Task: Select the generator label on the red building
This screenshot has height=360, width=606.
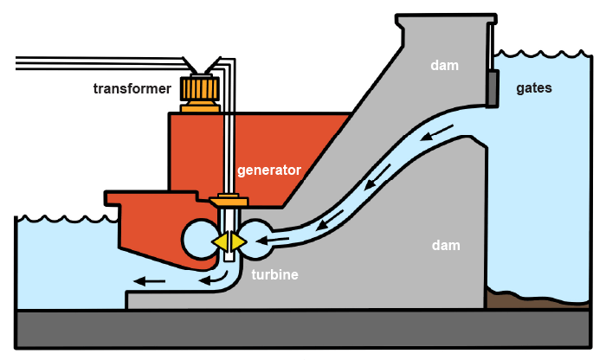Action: point(268,170)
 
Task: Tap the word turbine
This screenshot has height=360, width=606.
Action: point(274,274)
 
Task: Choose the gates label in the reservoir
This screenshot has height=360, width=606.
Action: point(534,87)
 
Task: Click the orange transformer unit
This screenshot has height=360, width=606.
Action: point(200,93)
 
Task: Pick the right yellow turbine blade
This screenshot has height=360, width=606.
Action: point(238,242)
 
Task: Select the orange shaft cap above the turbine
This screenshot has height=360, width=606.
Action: point(229,201)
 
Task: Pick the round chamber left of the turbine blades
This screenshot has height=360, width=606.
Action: point(197,239)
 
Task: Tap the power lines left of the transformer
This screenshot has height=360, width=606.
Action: point(95,61)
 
